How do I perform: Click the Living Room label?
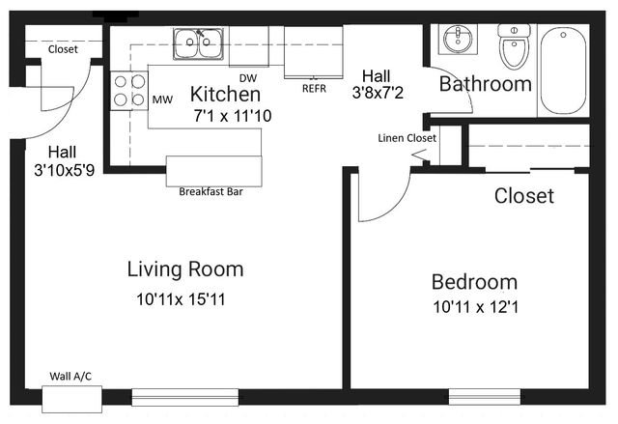pos(185,269)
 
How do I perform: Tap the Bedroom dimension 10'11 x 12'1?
pos(475,307)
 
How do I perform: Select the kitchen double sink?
pos(198,43)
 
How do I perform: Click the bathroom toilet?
pos(514,45)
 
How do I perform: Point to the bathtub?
pos(563,71)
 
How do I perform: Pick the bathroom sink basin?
pos(458,39)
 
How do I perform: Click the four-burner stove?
pos(129,91)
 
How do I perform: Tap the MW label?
pos(162,99)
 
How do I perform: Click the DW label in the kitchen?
pos(248,78)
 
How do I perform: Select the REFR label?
pos(314,89)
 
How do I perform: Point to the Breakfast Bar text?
pos(211,192)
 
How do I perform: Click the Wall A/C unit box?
pos(72,399)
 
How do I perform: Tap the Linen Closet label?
pos(407,138)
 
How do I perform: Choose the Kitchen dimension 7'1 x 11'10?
pos(233,116)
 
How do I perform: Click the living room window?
pos(184,397)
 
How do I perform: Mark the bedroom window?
pos(485,397)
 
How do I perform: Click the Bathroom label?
pos(486,84)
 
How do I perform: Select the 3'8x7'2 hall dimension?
pos(378,94)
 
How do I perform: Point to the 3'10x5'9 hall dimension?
pos(65,170)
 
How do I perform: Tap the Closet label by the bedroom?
pos(524,196)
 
